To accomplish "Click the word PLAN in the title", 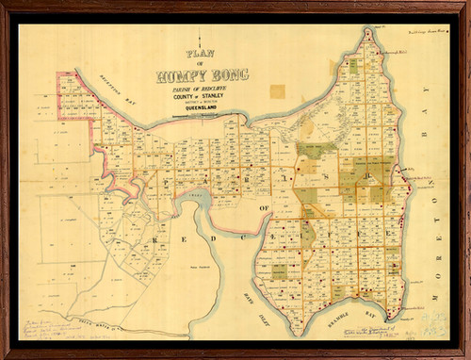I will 201,54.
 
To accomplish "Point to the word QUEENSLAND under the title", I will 200,106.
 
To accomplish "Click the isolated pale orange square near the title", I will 277,91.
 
